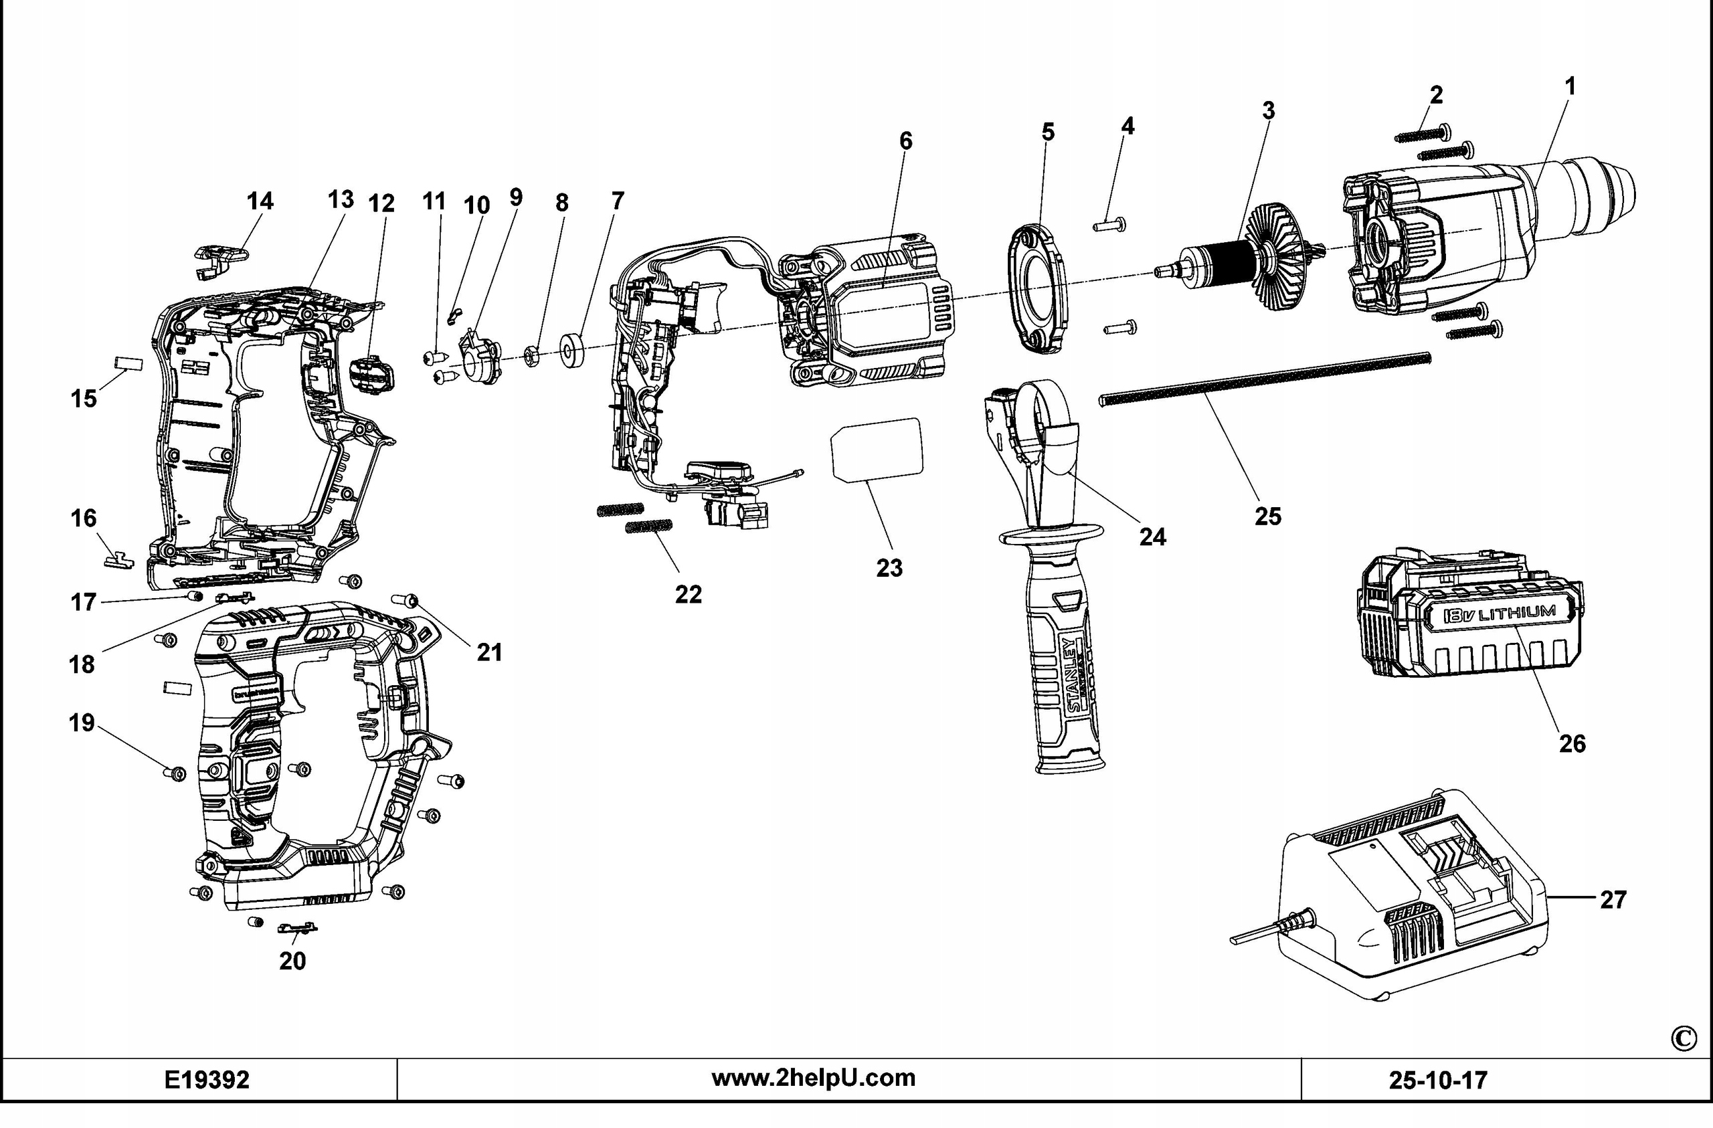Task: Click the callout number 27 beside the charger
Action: [1612, 900]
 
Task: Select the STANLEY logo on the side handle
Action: [1074, 674]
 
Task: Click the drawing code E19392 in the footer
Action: [207, 1080]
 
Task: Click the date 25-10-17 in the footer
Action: [1437, 1080]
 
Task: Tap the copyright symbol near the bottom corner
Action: [1682, 1038]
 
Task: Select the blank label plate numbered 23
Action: [877, 448]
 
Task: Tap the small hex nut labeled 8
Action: [531, 356]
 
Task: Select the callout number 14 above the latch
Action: [260, 201]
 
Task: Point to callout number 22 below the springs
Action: [687, 595]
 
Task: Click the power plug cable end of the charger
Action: [1245, 939]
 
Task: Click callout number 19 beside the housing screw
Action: [82, 722]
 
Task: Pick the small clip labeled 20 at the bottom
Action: [297, 929]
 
